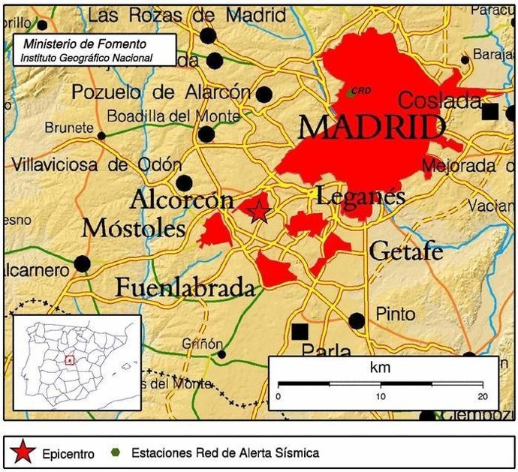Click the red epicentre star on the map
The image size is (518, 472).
tap(258, 211)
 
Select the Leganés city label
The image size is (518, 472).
tap(360, 197)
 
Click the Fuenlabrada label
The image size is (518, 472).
tap(185, 287)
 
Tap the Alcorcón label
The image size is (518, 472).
tap(182, 200)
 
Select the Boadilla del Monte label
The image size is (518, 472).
tap(173, 116)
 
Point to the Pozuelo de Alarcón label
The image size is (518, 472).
tap(161, 92)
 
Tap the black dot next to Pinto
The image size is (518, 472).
tap(357, 321)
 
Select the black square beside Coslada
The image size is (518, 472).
tap(490, 112)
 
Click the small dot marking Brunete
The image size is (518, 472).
tap(101, 136)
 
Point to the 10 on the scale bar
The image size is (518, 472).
tap(381, 396)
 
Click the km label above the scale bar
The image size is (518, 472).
tap(381, 368)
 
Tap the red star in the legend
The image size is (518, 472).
tap(23, 452)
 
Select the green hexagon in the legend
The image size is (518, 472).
tap(115, 452)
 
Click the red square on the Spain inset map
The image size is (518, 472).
tap(69, 360)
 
